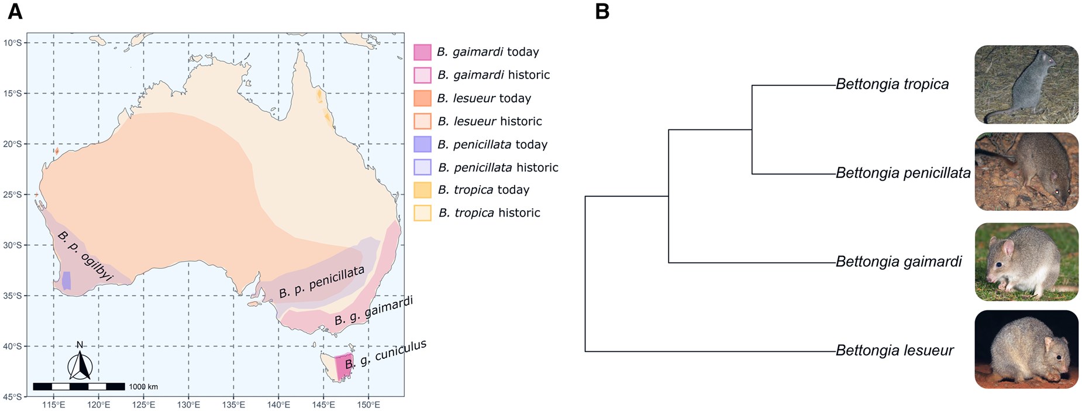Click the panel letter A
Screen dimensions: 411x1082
pos(15,12)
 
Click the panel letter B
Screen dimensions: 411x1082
pos(602,12)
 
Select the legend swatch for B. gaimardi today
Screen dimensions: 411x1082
pos(422,52)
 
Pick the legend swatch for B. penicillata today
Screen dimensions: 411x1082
pos(422,145)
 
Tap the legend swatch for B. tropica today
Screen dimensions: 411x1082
pos(422,190)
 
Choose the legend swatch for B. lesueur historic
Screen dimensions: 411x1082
pos(422,121)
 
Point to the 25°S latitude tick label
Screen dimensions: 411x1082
pos(12,194)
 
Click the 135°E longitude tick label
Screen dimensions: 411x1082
pos(233,405)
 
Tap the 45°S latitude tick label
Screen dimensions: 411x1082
pos(12,397)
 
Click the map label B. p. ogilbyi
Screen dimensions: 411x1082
pos(85,256)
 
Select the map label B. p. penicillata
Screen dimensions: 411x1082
pos(322,282)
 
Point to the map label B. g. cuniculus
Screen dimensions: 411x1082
pos(386,354)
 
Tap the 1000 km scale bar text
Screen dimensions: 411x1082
pos(143,386)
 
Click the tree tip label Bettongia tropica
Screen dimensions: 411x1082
pos(892,84)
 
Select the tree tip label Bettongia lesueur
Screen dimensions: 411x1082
pos(894,351)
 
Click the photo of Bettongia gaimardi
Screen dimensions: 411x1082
pos(1026,262)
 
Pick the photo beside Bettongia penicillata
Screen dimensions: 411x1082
pos(1026,172)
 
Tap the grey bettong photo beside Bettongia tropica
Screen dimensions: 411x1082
pos(1026,84)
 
